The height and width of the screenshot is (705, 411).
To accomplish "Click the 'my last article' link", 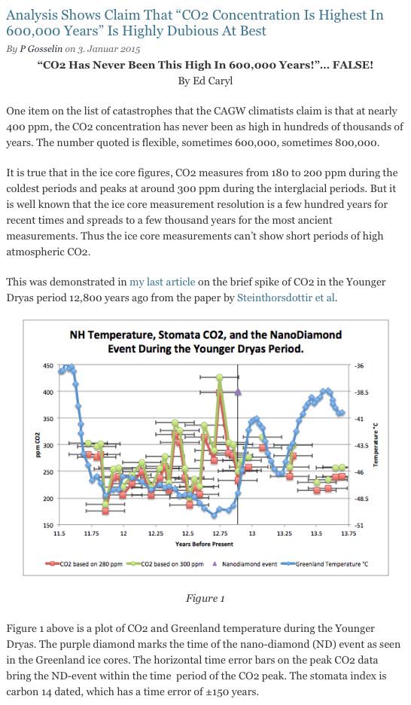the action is [162, 282].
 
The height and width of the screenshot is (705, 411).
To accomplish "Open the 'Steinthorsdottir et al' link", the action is [286, 298].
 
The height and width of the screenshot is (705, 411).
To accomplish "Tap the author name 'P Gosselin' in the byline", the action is [41, 49].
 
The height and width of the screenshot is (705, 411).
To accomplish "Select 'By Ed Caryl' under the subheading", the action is [205, 81].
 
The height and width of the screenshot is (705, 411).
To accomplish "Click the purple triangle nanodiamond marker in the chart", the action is [238, 392].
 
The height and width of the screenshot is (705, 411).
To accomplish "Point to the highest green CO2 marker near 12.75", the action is [220, 377].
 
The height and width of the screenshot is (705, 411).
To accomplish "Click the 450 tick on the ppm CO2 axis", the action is [48, 366].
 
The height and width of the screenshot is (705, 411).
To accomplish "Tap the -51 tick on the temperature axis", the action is [358, 525].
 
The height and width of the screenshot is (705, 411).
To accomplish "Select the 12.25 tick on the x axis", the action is [156, 533].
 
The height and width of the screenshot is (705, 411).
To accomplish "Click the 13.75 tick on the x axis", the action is [349, 533].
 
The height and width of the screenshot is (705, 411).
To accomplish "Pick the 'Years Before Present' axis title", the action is [205, 544].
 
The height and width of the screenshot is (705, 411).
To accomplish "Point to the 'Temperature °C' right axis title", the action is [376, 444].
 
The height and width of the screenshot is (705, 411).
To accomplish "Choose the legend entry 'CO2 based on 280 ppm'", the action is [84, 564].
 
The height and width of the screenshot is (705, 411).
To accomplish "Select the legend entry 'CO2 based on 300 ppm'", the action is [165, 564].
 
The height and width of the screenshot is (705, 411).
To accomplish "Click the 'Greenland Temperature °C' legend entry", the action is [324, 564].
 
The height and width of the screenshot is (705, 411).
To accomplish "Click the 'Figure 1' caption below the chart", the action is [205, 599].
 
